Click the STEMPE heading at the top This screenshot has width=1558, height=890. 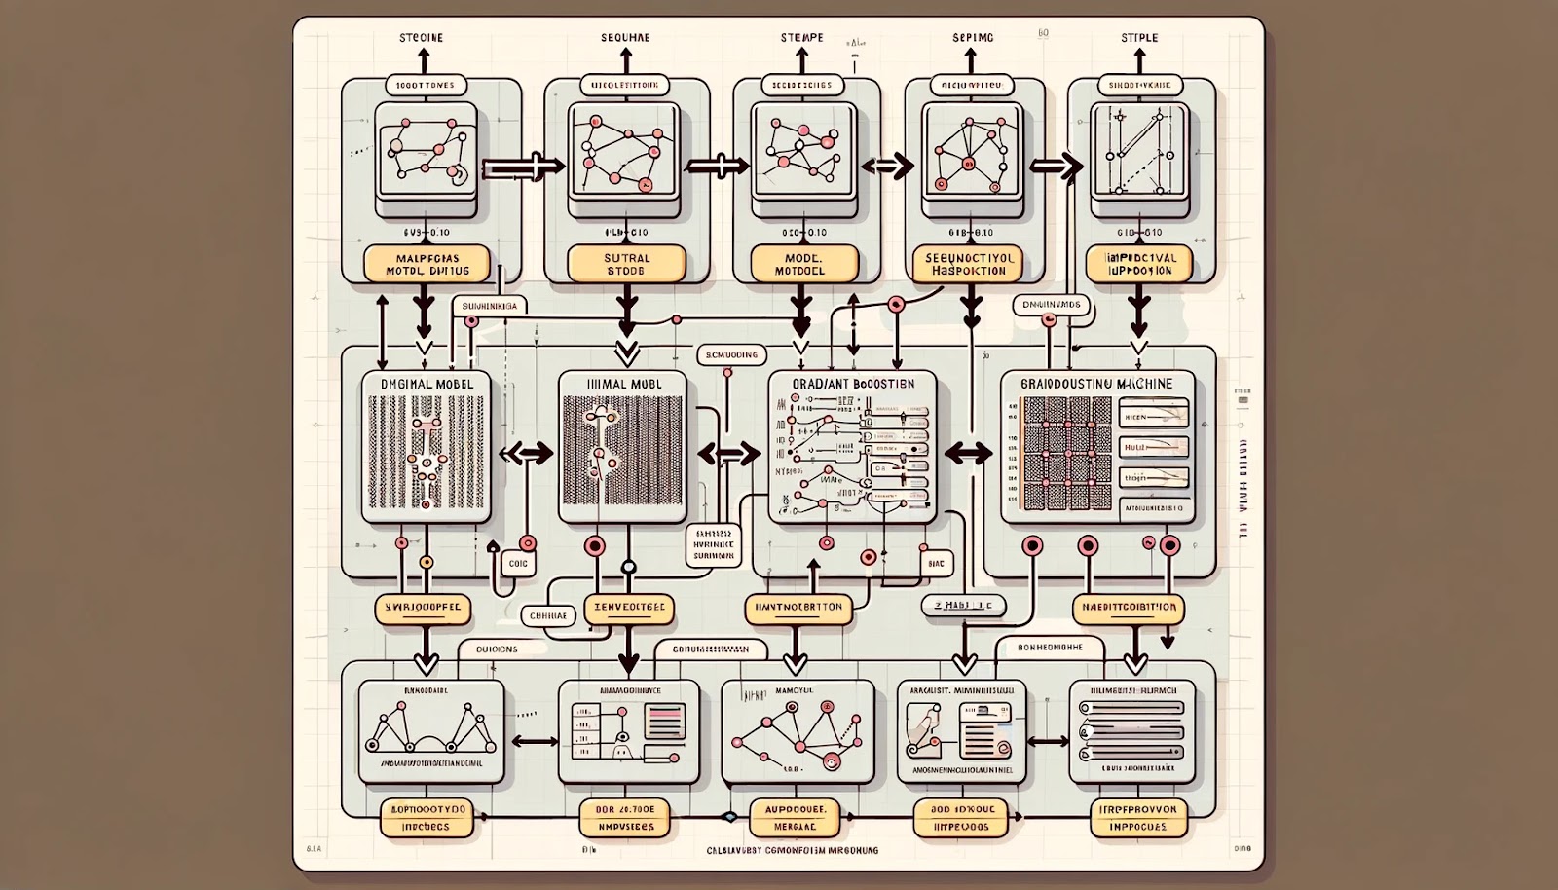pyautogui.click(x=801, y=38)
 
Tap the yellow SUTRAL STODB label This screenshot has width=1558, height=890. pyautogui.click(x=626, y=264)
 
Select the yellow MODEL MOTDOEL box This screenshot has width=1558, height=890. pyautogui.click(x=804, y=264)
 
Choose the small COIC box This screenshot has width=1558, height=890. pyautogui.click(x=517, y=563)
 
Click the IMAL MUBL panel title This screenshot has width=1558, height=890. pyautogui.click(x=624, y=384)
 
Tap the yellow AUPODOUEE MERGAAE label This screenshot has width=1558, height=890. pyautogui.click(x=796, y=818)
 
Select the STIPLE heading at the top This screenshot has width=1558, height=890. pyautogui.click(x=1139, y=38)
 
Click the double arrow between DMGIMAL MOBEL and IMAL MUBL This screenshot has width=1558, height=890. pyautogui.click(x=526, y=453)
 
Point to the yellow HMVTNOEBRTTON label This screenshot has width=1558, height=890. pyautogui.click(x=798, y=608)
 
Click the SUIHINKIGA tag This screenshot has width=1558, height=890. pyautogui.click(x=489, y=306)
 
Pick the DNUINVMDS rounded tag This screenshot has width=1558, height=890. pyautogui.click(x=1052, y=305)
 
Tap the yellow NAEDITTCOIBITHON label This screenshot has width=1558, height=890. pyautogui.click(x=1129, y=608)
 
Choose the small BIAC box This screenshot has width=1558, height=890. pyautogui.click(x=936, y=563)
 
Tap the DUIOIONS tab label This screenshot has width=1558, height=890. pyautogui.click(x=497, y=649)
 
